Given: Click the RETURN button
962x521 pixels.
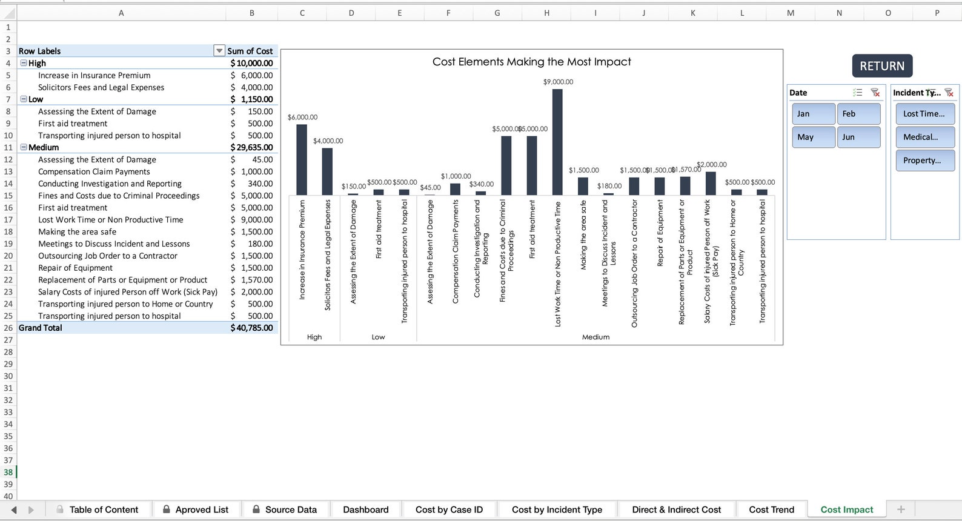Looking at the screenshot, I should point(881,66).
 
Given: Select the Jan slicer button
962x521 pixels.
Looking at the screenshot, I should point(813,114).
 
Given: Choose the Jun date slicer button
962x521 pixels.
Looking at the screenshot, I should point(858,138).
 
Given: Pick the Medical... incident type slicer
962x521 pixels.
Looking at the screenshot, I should point(924,138).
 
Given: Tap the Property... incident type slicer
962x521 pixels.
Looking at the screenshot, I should point(924,161).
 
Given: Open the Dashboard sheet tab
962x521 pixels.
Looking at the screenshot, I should point(365,509).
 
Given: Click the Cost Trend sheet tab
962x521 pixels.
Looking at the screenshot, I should point(771,509).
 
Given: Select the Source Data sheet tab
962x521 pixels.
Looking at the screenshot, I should point(291,509).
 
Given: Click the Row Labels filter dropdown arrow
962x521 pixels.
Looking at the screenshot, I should point(219,51).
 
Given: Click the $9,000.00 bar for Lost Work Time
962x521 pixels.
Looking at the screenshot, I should point(557,142).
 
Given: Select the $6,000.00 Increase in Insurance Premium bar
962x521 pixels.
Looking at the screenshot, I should point(301,160).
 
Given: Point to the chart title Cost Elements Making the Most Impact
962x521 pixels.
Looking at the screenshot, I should point(531,62).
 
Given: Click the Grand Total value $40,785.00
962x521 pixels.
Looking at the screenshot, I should point(251,328).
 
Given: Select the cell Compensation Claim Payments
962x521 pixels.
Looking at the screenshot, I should point(94,171).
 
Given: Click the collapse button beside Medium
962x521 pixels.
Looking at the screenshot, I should point(24,147).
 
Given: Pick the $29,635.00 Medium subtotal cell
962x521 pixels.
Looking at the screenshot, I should point(251,147).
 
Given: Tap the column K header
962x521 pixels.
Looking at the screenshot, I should point(692,13).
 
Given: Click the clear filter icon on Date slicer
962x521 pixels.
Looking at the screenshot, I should point(875,93).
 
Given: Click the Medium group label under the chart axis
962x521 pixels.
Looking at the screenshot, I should point(595,337).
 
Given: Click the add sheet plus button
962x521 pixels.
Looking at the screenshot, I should point(901,509).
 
